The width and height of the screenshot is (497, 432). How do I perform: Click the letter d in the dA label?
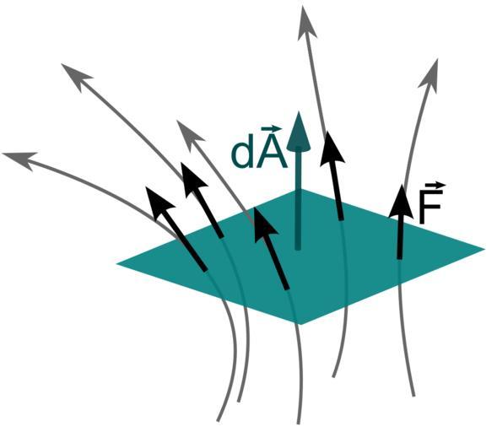click(243, 154)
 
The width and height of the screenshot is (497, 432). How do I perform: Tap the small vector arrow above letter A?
click(271, 129)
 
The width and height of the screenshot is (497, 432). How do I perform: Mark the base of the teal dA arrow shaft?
click(298, 248)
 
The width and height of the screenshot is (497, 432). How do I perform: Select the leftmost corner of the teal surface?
click(116, 263)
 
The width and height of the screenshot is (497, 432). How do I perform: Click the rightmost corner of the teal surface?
click(484, 249)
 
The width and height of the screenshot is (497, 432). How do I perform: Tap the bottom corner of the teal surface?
click(300, 324)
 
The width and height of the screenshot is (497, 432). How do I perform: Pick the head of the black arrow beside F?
click(402, 202)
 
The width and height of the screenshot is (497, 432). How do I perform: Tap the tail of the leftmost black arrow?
click(205, 270)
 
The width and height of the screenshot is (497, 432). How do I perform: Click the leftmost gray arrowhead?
click(19, 159)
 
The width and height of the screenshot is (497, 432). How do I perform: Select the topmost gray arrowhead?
click(306, 24)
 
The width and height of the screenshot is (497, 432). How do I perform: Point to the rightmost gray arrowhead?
click(431, 76)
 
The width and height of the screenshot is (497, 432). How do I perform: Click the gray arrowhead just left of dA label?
click(190, 132)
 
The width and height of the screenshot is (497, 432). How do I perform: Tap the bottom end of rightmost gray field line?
click(413, 395)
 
